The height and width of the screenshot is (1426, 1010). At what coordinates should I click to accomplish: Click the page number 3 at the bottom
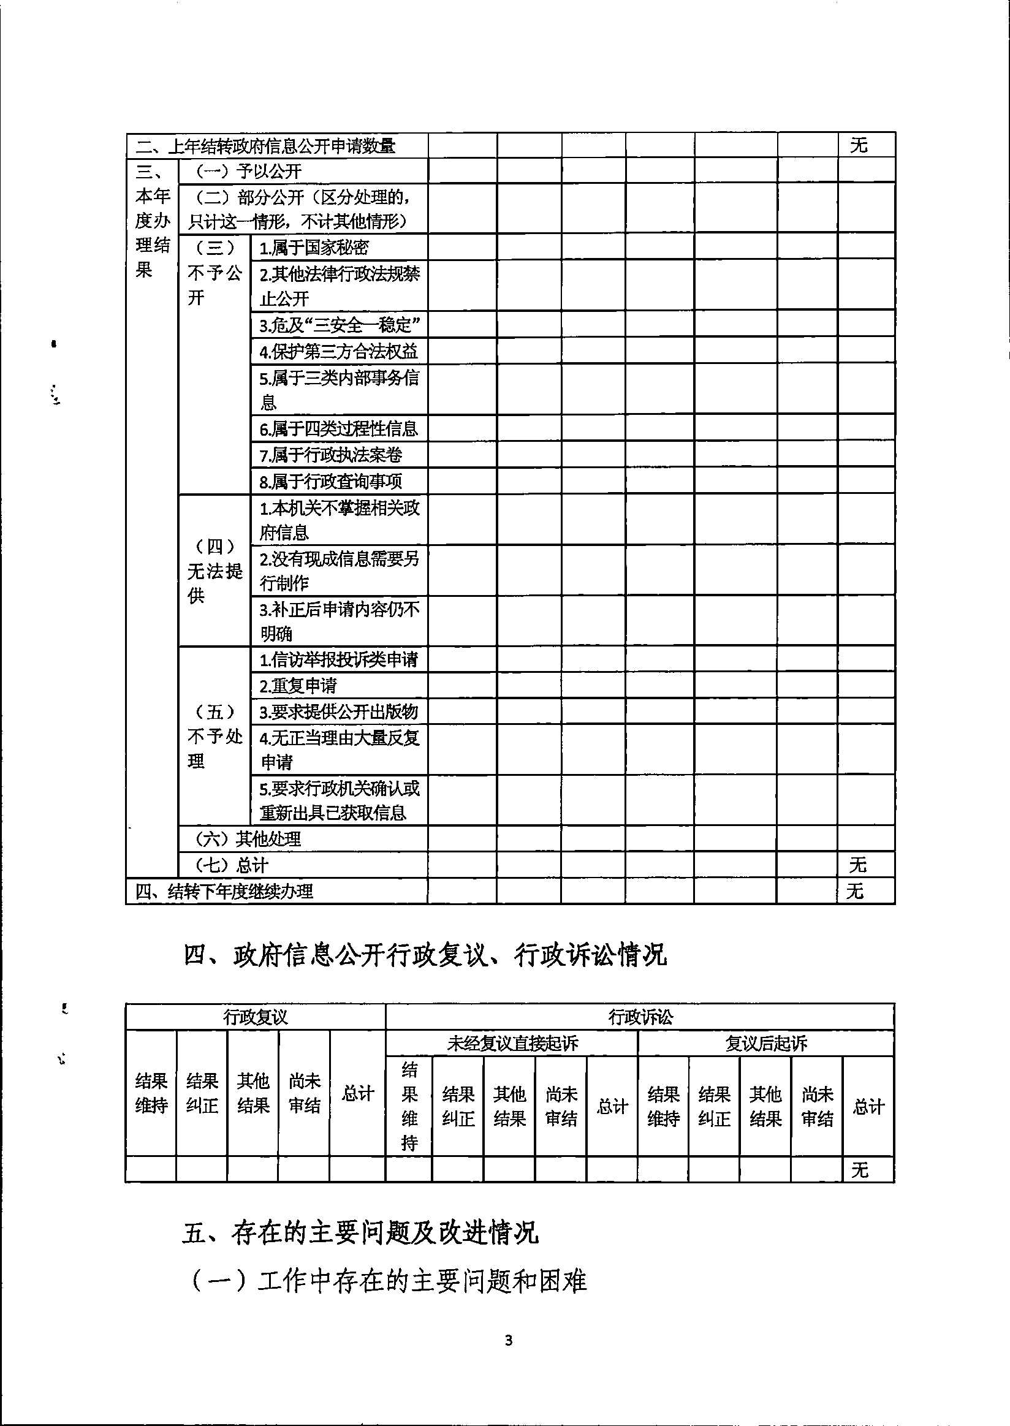click(509, 1340)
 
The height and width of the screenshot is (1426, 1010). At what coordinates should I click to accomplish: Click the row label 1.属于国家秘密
click(314, 248)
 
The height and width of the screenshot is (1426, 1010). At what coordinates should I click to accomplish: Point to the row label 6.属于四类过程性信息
click(338, 428)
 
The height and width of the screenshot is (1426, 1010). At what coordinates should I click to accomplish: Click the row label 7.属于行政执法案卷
click(331, 455)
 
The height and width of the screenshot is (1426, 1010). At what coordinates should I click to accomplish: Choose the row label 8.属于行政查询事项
click(331, 480)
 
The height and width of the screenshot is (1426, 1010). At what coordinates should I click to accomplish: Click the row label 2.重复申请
click(298, 685)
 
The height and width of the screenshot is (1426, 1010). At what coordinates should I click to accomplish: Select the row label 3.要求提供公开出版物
click(338, 711)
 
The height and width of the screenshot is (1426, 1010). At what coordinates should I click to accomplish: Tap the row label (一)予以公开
click(248, 171)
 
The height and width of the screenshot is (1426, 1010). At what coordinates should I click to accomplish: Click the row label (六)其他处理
click(248, 839)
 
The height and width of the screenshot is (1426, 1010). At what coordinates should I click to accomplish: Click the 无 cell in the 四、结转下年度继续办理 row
click(855, 891)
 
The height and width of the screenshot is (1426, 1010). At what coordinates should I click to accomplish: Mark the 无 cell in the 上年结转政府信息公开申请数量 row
click(858, 145)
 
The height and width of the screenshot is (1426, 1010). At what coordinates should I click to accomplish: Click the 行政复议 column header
click(255, 1017)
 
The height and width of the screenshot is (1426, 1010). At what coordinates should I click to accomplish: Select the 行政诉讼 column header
click(640, 1017)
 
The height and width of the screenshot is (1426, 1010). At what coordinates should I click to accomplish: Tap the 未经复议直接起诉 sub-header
click(512, 1043)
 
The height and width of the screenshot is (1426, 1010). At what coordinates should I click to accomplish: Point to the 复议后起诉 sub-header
click(765, 1043)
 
